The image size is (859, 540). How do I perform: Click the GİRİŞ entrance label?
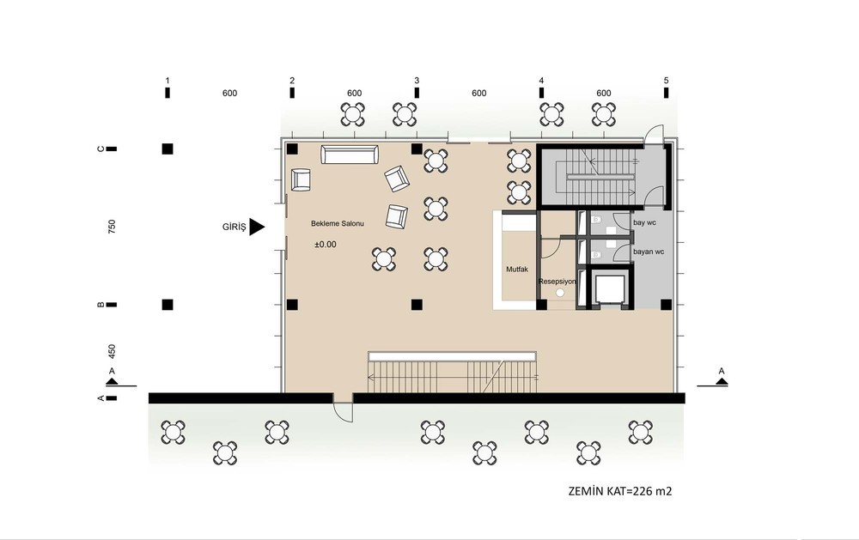point(234,227)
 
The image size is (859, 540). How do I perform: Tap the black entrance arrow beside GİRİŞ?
point(256,227)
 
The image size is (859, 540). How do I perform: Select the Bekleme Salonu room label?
point(338,223)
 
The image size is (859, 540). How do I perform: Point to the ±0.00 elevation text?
point(326,245)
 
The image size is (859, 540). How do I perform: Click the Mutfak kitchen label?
point(517,270)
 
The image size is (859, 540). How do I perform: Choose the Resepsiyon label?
point(557,282)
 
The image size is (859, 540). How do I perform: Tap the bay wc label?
point(644,223)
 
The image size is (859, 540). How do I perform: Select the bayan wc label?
point(649,252)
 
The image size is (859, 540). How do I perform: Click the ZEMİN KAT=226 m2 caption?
point(620,491)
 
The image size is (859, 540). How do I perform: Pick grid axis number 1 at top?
point(168,81)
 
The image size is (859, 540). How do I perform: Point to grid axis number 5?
point(667,81)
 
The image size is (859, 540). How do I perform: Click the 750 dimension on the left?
point(112,227)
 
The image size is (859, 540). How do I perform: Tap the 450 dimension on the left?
point(112,352)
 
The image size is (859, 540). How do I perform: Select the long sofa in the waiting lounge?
point(350,155)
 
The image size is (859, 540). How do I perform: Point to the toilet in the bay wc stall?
point(597,220)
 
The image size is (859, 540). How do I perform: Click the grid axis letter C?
point(101,149)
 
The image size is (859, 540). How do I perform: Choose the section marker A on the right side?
point(722,372)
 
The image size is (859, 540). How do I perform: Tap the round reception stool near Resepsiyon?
point(560,293)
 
